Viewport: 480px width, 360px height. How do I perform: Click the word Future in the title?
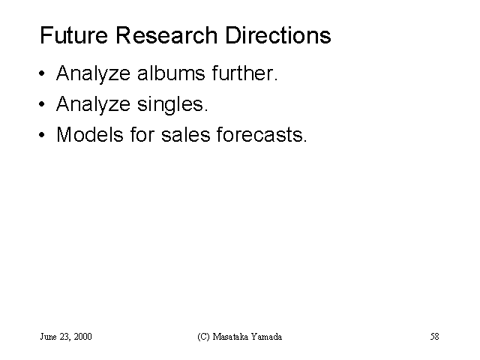[x=73, y=35]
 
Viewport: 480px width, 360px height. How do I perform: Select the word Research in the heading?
[x=166, y=35]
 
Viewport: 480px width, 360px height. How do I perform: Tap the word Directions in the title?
[x=278, y=35]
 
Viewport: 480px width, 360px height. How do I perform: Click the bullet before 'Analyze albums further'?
[x=42, y=73]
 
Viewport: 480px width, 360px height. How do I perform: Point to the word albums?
[x=171, y=73]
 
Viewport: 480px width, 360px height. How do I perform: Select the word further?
[x=244, y=73]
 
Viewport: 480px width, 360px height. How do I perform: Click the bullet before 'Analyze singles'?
[x=42, y=104]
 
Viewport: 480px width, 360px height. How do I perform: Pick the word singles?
[x=172, y=105]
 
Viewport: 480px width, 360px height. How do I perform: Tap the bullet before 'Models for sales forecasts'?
[x=42, y=135]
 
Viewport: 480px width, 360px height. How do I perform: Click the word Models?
[x=90, y=134]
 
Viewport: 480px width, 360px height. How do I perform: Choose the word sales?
[x=186, y=134]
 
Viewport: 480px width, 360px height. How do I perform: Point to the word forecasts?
[x=262, y=134]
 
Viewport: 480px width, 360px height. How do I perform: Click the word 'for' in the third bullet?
[x=142, y=134]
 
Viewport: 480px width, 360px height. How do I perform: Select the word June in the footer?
[x=48, y=337]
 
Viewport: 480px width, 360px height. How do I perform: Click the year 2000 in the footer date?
[x=82, y=337]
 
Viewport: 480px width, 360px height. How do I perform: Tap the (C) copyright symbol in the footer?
[x=203, y=337]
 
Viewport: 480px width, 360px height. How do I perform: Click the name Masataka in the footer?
[x=230, y=337]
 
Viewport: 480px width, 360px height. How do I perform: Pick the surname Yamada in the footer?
[x=266, y=337]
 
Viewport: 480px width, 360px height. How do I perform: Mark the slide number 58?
[x=435, y=337]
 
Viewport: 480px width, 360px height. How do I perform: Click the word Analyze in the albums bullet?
[x=93, y=74]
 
